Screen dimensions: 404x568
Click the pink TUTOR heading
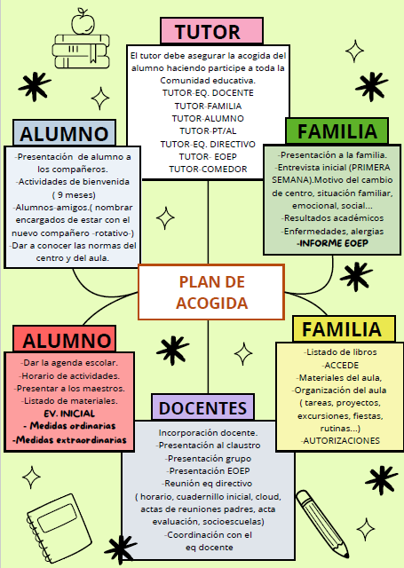pos(211,31)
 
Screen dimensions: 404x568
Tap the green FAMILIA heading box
pos(337,130)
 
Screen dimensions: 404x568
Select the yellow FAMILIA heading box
pos(344,329)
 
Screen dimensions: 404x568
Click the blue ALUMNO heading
pos(64,133)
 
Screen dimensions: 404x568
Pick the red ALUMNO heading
pos(65,339)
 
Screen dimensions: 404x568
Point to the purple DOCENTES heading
pos(203,407)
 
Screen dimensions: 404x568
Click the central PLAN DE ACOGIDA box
pos(211,292)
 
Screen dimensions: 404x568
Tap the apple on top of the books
pos(83,22)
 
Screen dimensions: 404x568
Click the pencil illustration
pos(321,524)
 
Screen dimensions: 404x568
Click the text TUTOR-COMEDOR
pos(208,170)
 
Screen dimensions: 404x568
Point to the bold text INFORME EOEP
pos(332,243)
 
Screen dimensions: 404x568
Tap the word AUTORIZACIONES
pos(340,440)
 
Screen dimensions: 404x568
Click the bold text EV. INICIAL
pos(69,414)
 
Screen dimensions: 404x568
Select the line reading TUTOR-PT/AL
pos(208,130)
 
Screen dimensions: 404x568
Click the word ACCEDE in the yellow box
pos(340,365)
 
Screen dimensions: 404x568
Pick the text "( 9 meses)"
pos(74,195)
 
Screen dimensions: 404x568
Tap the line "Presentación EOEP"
pos(209,470)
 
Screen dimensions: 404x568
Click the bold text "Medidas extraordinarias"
pos(69,440)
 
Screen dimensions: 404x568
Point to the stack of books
pos(81,51)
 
